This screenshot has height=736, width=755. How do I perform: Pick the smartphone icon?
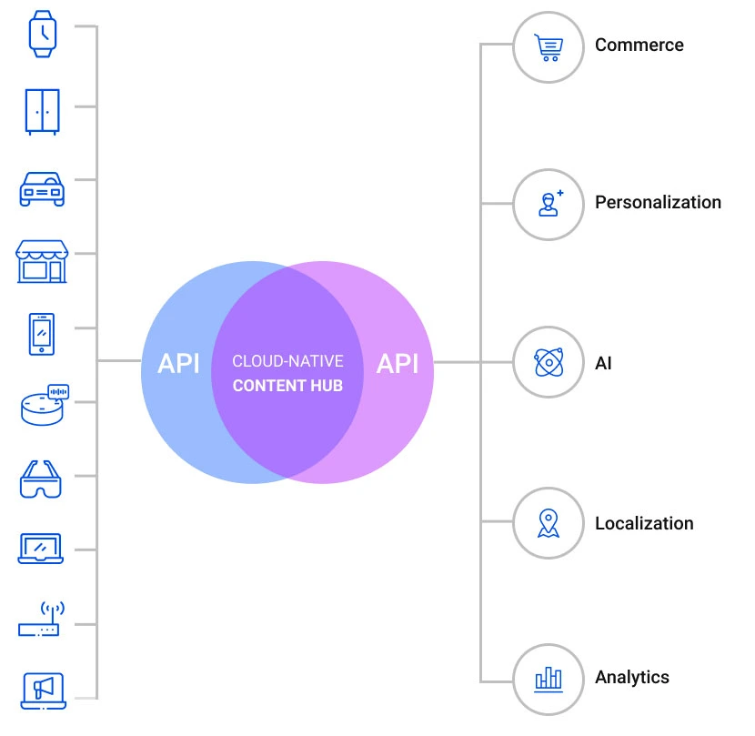coord(42,334)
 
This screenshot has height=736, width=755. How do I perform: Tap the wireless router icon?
coord(40,620)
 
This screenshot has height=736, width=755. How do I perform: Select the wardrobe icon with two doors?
coord(42,111)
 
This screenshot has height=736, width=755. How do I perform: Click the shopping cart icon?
coord(548,46)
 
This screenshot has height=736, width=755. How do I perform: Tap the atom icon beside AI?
coord(548,363)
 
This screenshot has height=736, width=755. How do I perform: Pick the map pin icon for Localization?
coord(548,523)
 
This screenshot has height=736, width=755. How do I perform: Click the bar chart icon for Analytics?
coord(548,678)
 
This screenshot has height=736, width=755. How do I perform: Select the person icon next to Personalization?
coord(548,203)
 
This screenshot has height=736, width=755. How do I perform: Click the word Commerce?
coord(639,45)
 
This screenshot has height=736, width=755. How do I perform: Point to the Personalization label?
coord(658,202)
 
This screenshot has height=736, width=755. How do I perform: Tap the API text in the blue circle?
coord(178,364)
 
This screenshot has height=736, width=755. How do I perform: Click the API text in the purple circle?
coord(398,364)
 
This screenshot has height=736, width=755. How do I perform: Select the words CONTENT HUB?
coord(287,386)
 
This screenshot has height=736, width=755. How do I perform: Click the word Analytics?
coord(631,677)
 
